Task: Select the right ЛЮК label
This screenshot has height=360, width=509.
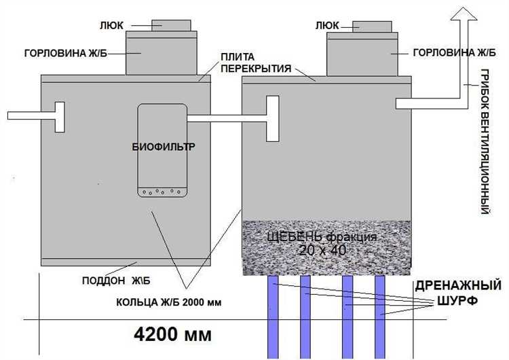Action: (x=327, y=26)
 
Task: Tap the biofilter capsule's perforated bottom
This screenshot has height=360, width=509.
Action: (x=162, y=192)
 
